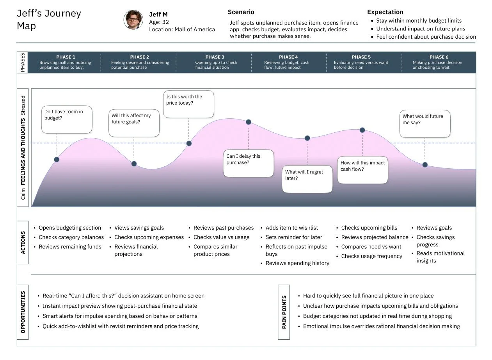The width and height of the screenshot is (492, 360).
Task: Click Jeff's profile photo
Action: tap(133, 20)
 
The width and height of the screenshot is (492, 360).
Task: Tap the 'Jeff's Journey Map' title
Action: tap(48, 20)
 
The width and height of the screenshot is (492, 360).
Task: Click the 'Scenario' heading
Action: tap(241, 12)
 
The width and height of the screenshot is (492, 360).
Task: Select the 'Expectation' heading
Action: tap(385, 12)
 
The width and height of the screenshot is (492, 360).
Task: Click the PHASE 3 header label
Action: tap(215, 57)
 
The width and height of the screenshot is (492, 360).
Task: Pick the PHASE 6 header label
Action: tap(439, 57)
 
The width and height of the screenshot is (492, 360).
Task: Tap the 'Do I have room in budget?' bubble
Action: tap(67, 119)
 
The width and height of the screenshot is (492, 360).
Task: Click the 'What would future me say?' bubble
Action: tap(425, 124)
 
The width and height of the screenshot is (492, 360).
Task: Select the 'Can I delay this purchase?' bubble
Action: tap(249, 163)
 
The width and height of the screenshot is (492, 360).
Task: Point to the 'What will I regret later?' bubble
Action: tap(307, 179)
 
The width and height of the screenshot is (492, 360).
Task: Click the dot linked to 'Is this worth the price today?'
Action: tap(189, 143)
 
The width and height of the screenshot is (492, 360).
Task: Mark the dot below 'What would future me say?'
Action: tap(425, 165)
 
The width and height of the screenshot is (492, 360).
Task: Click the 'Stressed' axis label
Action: tap(23, 105)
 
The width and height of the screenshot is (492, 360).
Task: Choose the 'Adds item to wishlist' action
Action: tap(291, 228)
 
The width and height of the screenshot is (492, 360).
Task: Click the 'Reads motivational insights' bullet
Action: tap(435, 257)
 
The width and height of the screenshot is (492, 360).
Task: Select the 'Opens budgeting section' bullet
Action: tap(69, 228)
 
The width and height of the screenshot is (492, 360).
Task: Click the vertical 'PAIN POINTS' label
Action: tap(284, 312)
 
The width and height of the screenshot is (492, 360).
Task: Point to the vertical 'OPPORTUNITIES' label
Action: tap(23, 312)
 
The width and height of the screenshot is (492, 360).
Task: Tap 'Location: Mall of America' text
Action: tap(182, 29)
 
